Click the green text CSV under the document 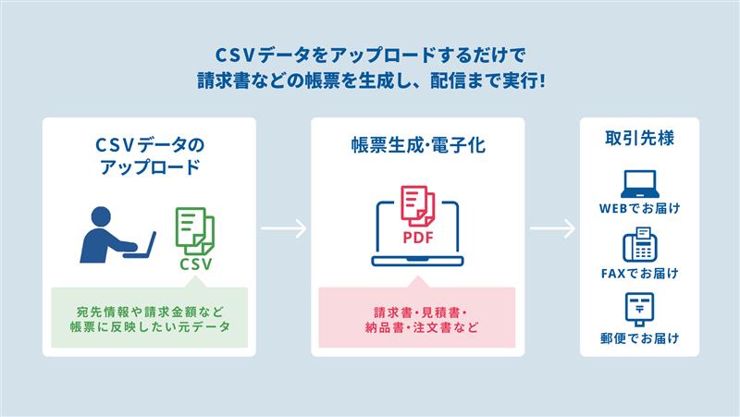(196, 264)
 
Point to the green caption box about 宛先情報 (148, 317)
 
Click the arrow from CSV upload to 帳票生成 (282, 228)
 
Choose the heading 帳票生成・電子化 (417, 145)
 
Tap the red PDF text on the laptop (418, 235)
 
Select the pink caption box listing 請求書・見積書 (416, 317)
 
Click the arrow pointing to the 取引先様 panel (552, 228)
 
